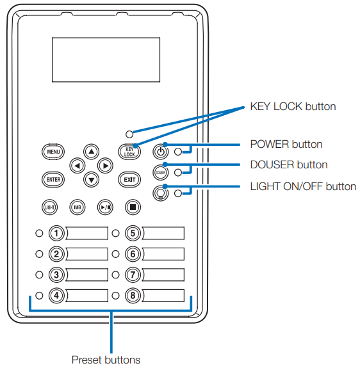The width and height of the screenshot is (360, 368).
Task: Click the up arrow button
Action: tap(91, 151)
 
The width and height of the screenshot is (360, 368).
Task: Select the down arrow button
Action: tap(91, 179)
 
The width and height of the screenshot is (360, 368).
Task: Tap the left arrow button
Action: tap(77, 165)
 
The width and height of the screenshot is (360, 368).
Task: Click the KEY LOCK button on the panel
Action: tap(129, 152)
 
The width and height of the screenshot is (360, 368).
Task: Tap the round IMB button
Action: tap(77, 207)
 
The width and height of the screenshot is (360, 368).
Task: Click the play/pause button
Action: tap(104, 207)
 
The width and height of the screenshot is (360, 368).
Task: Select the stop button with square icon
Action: tap(132, 207)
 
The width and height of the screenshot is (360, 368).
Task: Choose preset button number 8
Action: tap(132, 296)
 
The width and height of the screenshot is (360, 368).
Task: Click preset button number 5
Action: tap(132, 233)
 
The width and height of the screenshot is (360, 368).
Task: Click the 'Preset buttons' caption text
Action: tap(106, 359)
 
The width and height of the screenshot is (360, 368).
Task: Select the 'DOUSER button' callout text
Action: tap(288, 164)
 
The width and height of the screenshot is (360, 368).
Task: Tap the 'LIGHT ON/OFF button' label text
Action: tap(303, 186)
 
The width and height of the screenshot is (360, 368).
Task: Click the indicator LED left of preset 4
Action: tap(39, 296)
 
